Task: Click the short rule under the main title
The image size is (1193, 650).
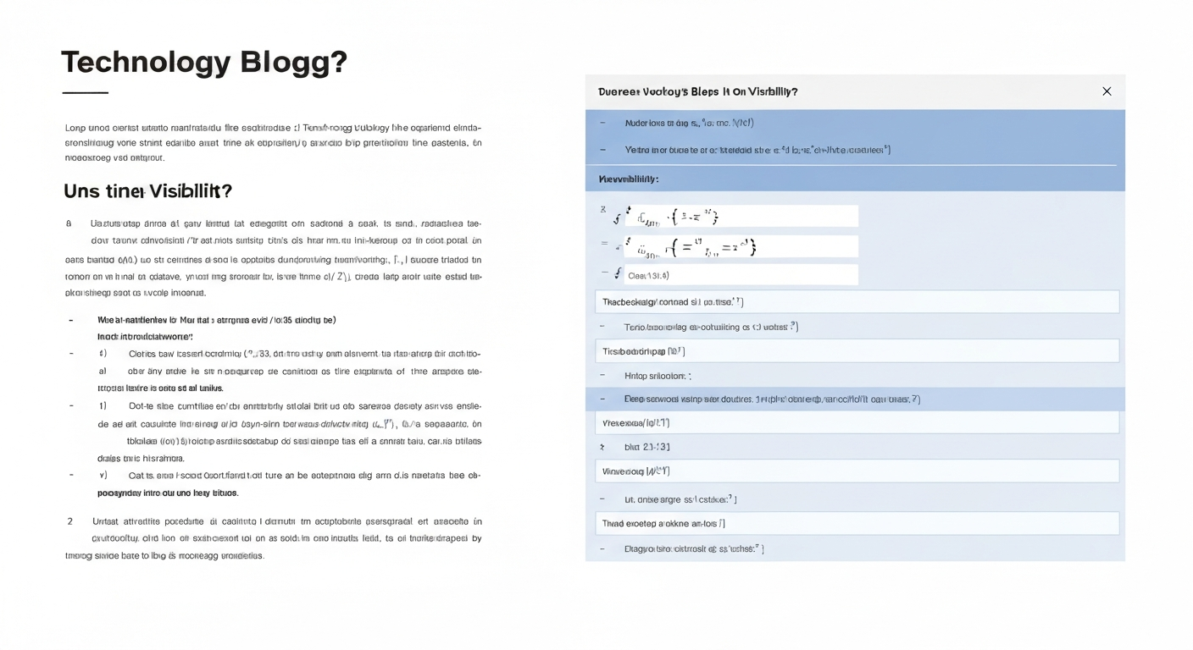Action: point(85,92)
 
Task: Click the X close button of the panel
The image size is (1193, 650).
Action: point(1106,91)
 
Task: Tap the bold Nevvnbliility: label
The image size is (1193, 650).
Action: point(629,179)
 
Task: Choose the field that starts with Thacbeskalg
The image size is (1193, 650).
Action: point(857,301)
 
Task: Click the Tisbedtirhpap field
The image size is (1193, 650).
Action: point(857,350)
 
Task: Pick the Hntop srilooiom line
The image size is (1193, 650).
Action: point(658,376)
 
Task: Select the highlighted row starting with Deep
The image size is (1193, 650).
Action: point(771,399)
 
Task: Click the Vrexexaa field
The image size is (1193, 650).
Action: point(857,422)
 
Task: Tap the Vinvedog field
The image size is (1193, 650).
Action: point(857,471)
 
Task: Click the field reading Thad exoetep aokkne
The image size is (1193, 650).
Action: point(857,523)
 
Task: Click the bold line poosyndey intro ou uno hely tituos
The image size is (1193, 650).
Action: point(168,493)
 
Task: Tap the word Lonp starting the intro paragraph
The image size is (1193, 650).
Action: point(75,128)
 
